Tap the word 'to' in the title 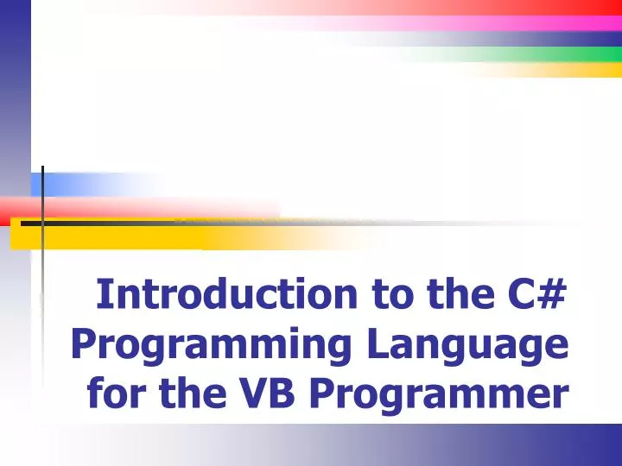point(390,294)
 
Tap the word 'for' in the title point(117,395)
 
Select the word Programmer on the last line point(439,395)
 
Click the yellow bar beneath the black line point(130,235)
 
